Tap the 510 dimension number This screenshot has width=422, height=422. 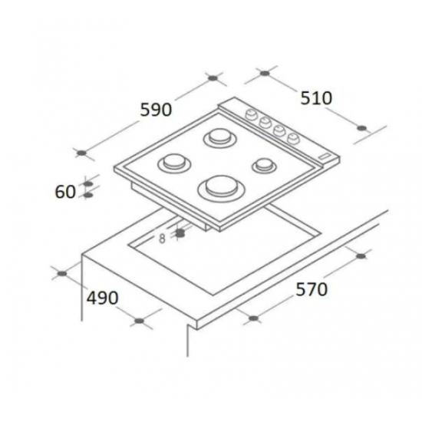315,98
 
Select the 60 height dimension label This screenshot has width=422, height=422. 65,191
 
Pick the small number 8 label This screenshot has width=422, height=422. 162,238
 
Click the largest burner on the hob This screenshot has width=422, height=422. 219,186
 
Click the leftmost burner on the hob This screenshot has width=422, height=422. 173,163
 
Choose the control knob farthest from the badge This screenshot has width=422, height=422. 249,116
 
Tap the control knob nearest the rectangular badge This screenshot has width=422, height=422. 294,138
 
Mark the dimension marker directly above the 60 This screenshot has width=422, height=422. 87,183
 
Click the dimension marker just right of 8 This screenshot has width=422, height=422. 180,232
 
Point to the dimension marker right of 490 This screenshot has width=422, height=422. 139,320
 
